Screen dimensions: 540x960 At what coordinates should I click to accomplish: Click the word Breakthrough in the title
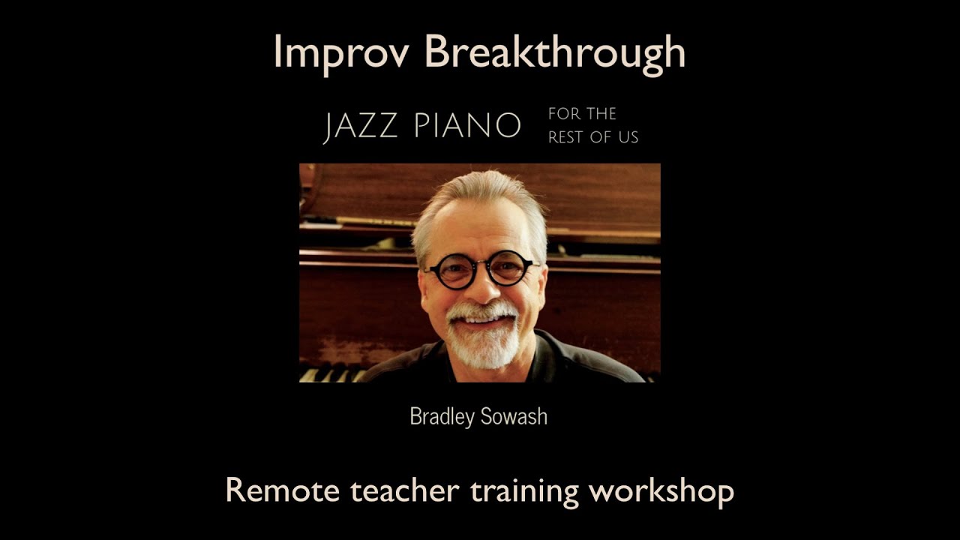[555, 52]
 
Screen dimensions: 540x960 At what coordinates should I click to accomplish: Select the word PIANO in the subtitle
[466, 126]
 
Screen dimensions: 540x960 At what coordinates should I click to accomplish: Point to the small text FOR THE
[582, 114]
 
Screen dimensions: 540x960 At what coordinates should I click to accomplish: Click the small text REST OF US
[593, 137]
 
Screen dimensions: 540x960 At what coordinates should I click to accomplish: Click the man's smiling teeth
[483, 319]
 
